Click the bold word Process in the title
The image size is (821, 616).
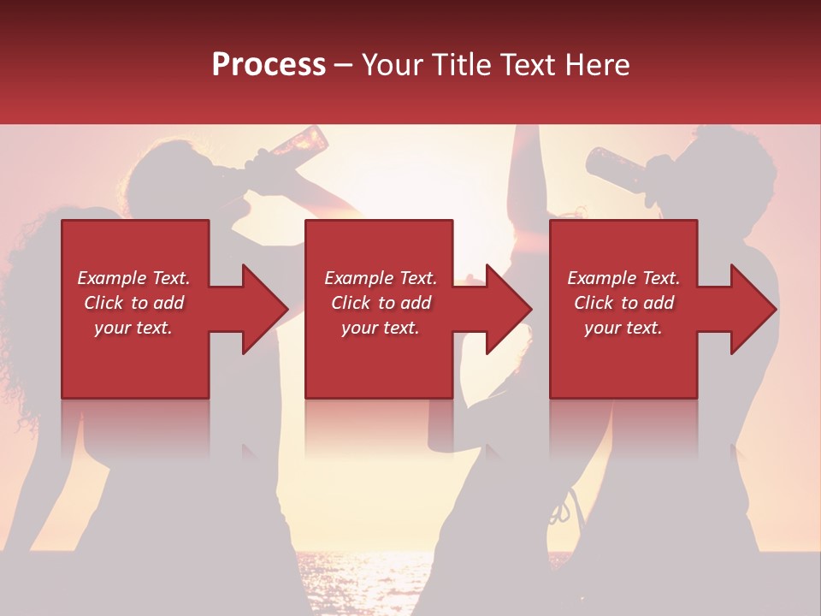[269, 65]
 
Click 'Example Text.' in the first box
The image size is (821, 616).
[133, 278]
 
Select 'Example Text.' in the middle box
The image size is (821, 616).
[381, 278]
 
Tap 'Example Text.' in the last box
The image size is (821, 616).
[623, 278]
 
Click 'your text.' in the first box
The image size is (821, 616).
[133, 328]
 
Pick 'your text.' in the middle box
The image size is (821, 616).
[381, 328]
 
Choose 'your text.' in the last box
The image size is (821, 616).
[623, 328]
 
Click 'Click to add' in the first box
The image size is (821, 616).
[133, 303]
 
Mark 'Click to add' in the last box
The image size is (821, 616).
[623, 303]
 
